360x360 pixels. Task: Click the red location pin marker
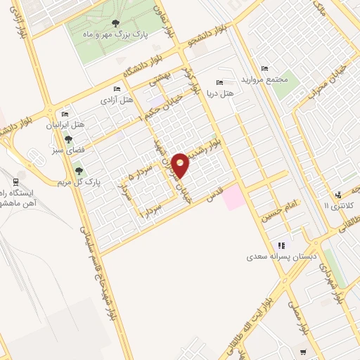coord(181,165)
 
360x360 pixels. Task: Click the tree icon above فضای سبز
coord(67,139)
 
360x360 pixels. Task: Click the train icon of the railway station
coord(16,182)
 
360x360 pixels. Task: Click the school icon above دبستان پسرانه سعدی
coord(281,245)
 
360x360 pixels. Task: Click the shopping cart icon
coord(303,352)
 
